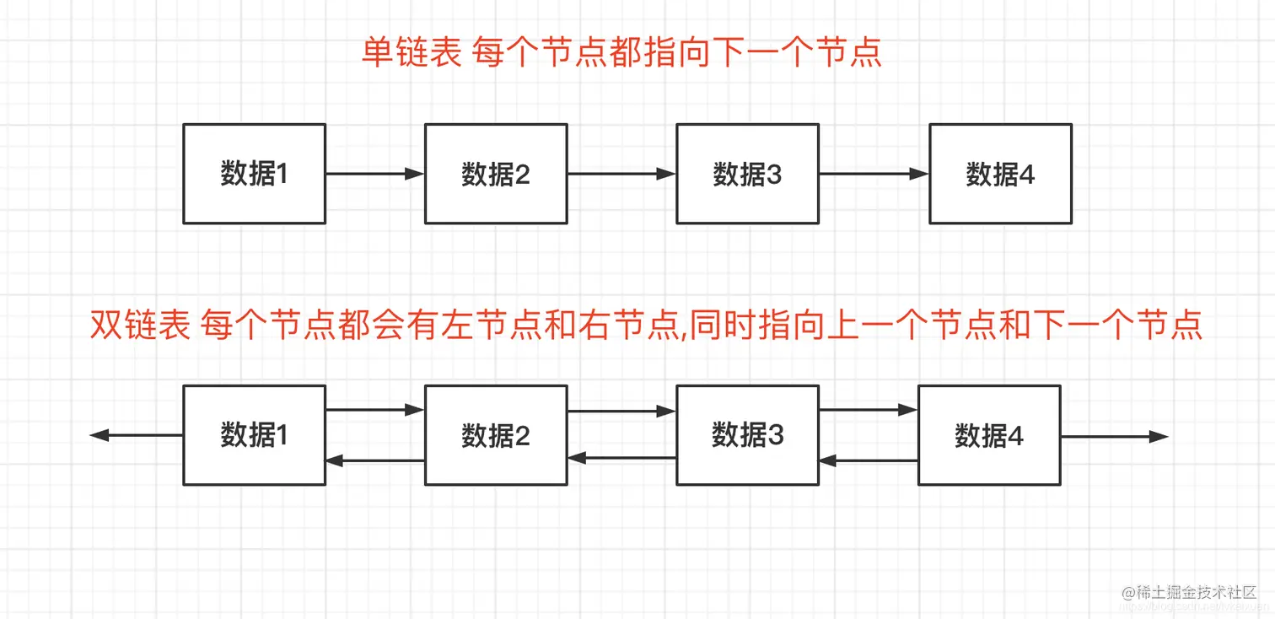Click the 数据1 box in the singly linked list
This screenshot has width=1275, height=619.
[x=254, y=174]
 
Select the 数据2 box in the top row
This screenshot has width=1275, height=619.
[x=495, y=174]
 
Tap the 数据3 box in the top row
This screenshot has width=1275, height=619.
[x=747, y=174]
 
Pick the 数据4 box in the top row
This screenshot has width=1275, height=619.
[x=1000, y=174]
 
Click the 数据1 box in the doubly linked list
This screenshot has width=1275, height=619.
[x=254, y=435]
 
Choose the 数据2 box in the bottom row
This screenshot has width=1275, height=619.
[x=495, y=435]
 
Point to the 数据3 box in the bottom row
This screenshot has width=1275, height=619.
[x=747, y=435]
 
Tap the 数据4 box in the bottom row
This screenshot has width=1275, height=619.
[x=988, y=435]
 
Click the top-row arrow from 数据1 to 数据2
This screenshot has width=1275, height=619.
[x=374, y=174]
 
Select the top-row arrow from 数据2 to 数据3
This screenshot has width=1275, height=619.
[x=621, y=174]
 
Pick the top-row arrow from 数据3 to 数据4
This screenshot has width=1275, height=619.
[x=874, y=174]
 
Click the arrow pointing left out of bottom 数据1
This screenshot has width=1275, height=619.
[x=136, y=435]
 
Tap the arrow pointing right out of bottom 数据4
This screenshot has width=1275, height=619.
[x=1114, y=436]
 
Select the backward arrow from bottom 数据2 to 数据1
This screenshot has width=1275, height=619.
[x=374, y=460]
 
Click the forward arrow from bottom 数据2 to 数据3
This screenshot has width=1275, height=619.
[x=621, y=411]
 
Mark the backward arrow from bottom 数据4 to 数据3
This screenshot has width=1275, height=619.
[x=868, y=460]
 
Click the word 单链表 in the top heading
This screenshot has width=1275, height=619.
[x=412, y=53]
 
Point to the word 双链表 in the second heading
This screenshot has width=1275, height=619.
[x=140, y=326]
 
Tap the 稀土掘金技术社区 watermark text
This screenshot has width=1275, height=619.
[x=1196, y=593]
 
